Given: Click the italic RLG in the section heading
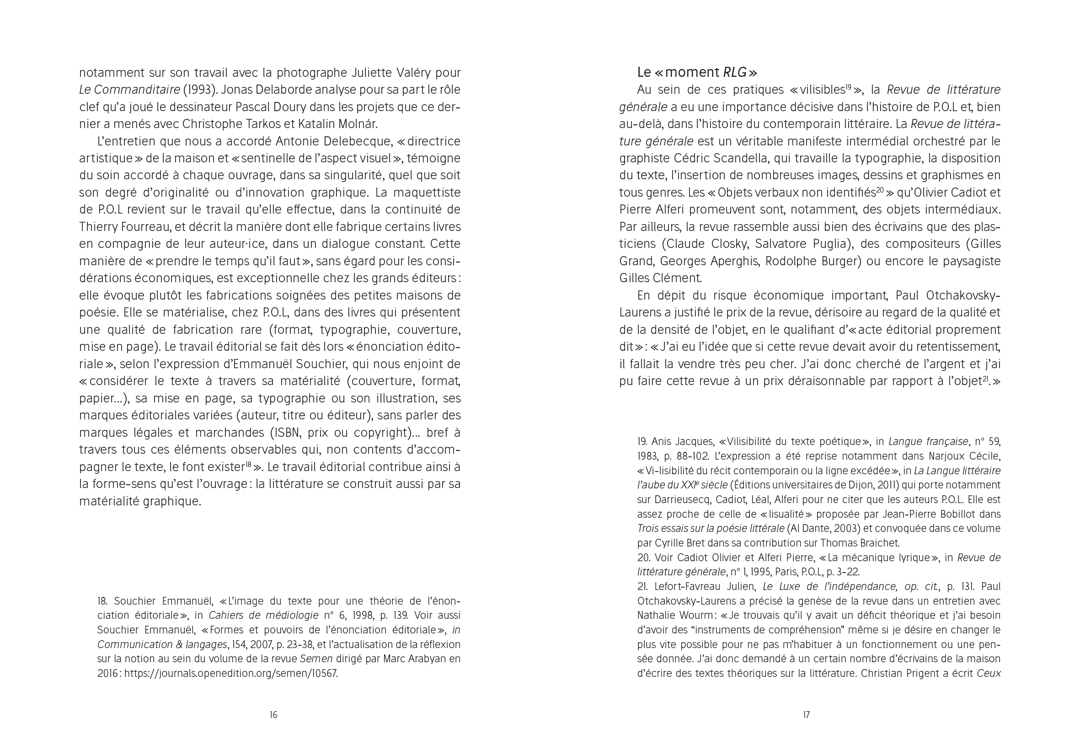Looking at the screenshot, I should [735, 72].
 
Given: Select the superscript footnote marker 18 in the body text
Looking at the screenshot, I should [248, 465].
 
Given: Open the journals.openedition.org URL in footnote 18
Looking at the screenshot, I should [231, 673].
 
